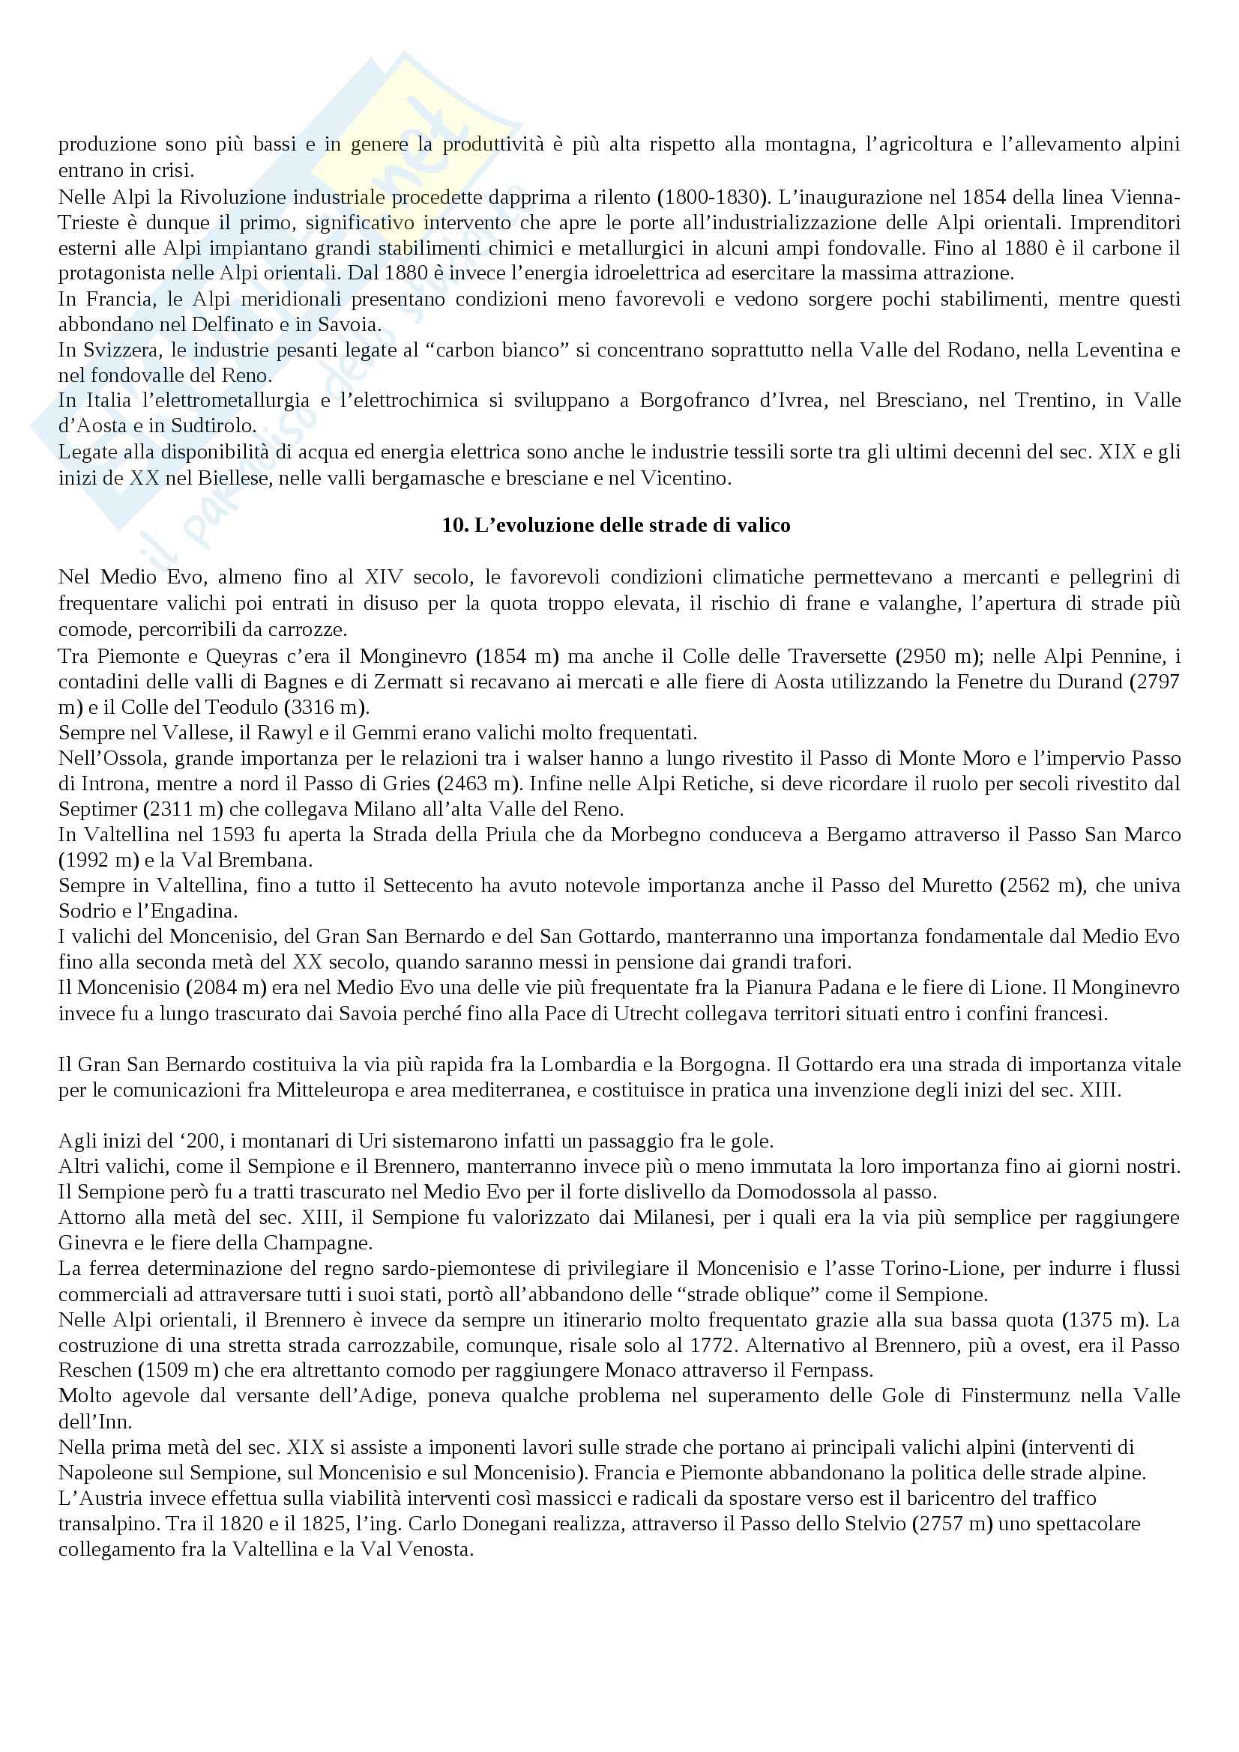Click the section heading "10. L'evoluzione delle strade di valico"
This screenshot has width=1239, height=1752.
(x=616, y=526)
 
